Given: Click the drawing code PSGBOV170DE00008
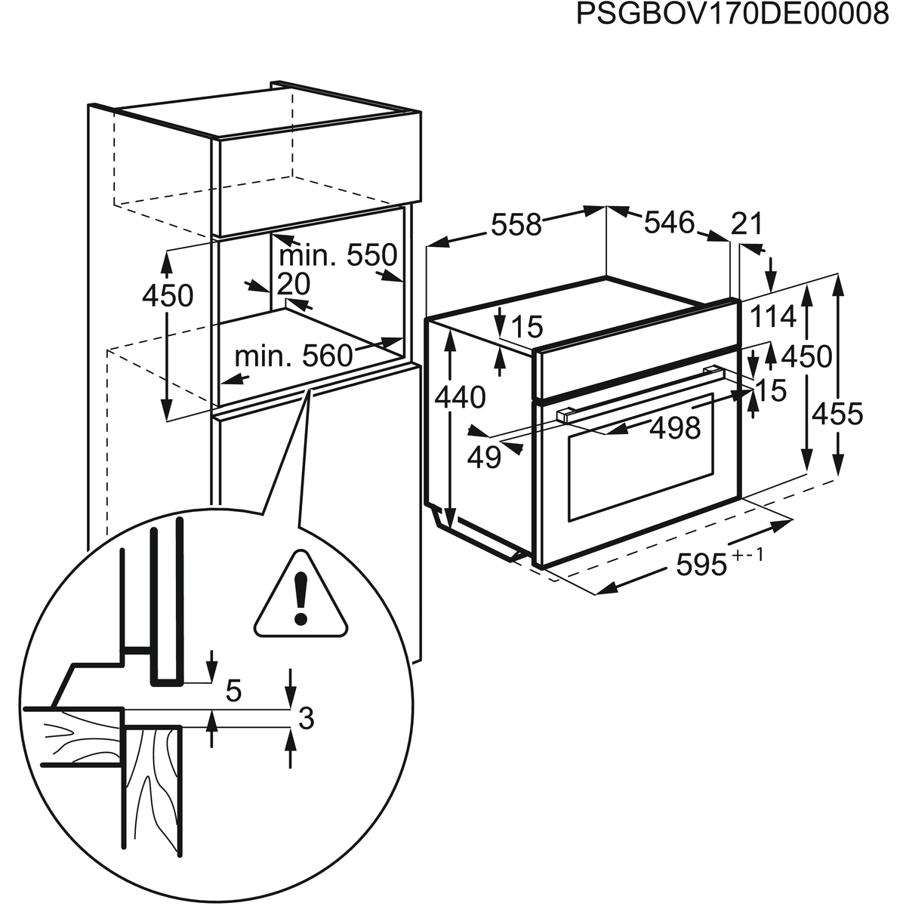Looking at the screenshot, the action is coord(732,15).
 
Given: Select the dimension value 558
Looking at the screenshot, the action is coord(516,225).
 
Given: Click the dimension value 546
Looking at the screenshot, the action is coord(669,223).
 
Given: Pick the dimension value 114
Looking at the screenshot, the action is coord(773,316).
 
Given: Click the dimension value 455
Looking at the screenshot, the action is coord(837,414).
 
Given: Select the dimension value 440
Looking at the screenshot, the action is coord(460,397).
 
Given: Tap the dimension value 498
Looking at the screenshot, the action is coord(675,428).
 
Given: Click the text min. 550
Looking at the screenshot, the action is coord(338,255).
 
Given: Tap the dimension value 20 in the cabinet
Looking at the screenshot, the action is coord(294,284).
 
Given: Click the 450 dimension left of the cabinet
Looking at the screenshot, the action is coord(168,296).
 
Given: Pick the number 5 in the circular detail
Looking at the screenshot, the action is coord(233,691).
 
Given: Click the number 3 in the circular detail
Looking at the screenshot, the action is coord(306,718).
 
